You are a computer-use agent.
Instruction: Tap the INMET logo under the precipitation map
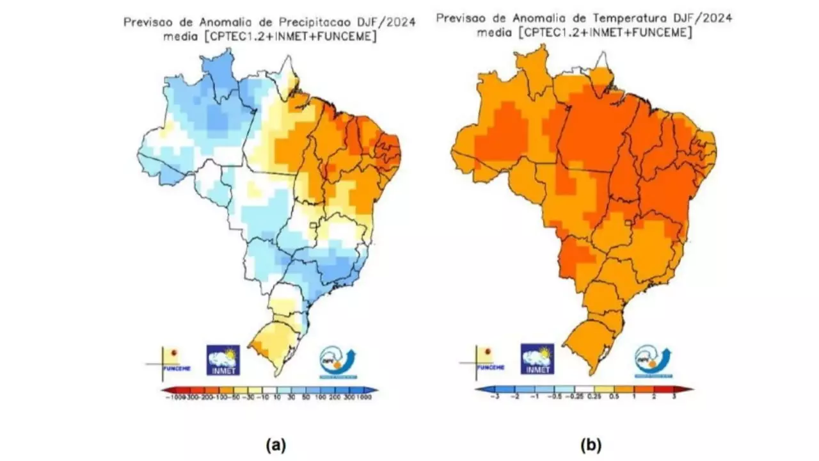223,360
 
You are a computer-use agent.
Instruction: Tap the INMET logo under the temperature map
537,359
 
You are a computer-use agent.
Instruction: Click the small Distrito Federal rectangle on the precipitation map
314,225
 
